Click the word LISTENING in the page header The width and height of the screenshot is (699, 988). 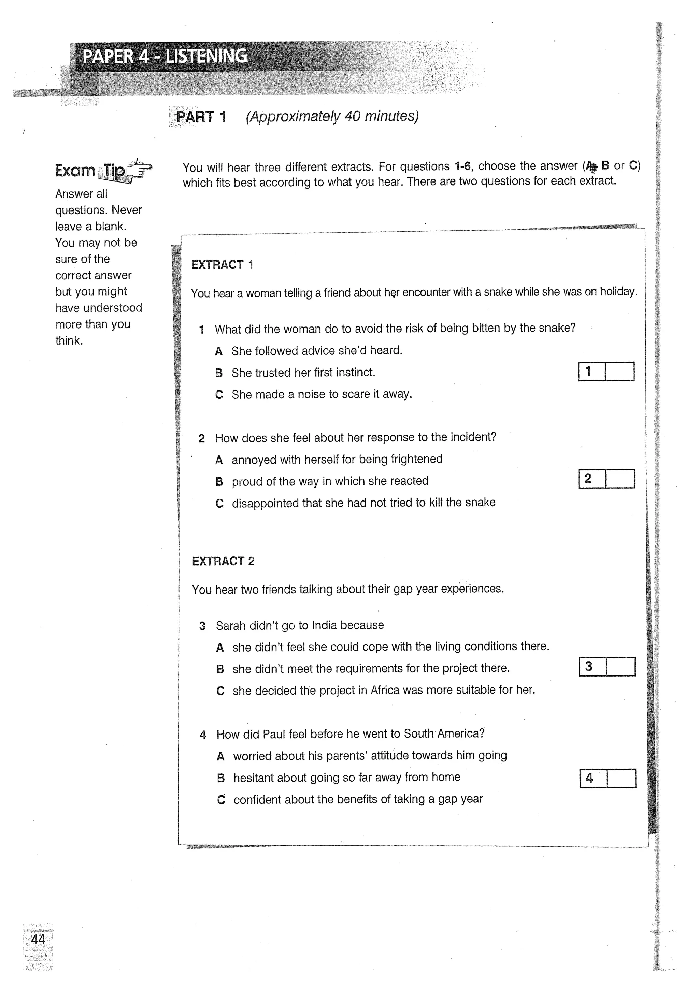click(206, 56)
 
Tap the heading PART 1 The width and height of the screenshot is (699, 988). click(201, 117)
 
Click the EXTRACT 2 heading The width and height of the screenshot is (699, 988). click(223, 561)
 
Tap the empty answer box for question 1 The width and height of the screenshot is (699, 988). click(619, 372)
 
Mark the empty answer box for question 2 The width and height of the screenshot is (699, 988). click(620, 479)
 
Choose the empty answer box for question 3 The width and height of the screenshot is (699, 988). click(620, 667)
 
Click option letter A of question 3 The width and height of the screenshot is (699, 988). click(220, 647)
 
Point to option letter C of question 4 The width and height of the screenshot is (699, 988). click(221, 800)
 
